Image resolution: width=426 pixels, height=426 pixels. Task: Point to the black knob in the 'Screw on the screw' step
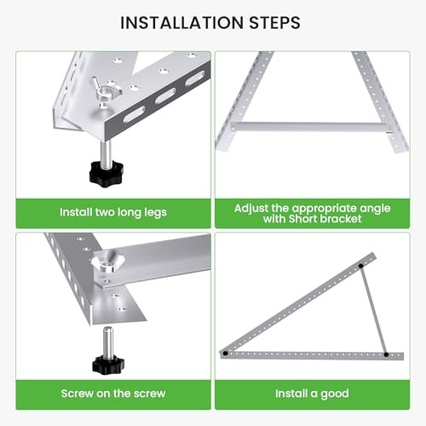pos(107,364)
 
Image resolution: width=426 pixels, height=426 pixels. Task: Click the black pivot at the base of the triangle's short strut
pos(385,354)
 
